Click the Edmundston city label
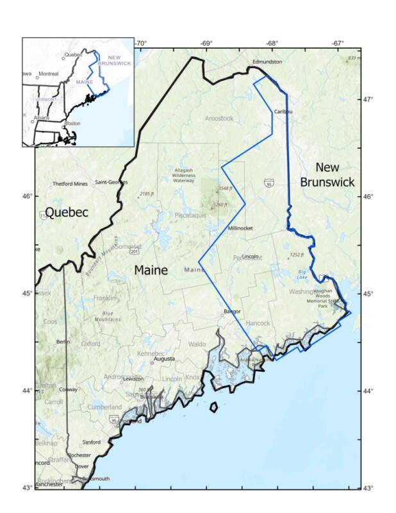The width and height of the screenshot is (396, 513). click(x=267, y=62)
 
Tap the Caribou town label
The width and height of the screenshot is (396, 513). click(x=283, y=111)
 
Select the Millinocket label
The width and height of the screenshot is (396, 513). click(x=241, y=228)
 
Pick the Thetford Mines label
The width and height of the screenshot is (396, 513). click(x=70, y=183)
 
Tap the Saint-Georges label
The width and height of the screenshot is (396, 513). click(x=111, y=182)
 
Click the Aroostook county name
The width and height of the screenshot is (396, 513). click(x=219, y=119)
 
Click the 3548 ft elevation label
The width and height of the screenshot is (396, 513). click(x=224, y=189)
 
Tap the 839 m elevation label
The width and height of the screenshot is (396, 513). click(x=354, y=58)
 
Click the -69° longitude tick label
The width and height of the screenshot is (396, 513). click(x=206, y=43)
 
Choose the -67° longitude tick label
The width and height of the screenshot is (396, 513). click(x=339, y=43)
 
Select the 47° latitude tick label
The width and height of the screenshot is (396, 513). click(x=368, y=99)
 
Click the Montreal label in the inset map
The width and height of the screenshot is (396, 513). click(x=49, y=74)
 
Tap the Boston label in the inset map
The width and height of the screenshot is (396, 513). click(x=72, y=123)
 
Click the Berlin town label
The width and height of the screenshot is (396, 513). click(x=63, y=342)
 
